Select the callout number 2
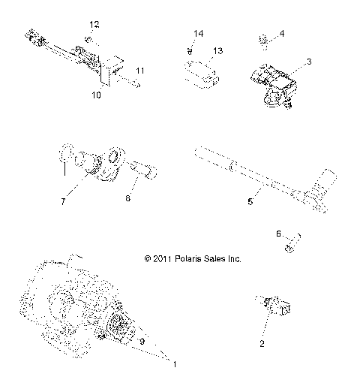coord(261,345)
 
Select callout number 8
coord(127,198)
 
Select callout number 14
coord(198,34)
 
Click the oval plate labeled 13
coord(199,72)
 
